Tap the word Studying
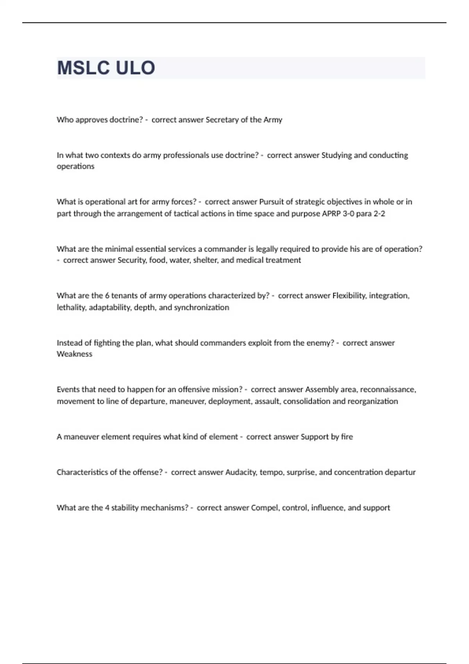click(337, 155)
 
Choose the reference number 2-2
click(379, 214)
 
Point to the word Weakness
click(75, 354)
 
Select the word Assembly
click(322, 389)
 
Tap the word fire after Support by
click(347, 437)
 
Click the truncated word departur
click(400, 472)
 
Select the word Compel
click(265, 508)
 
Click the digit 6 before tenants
click(107, 296)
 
